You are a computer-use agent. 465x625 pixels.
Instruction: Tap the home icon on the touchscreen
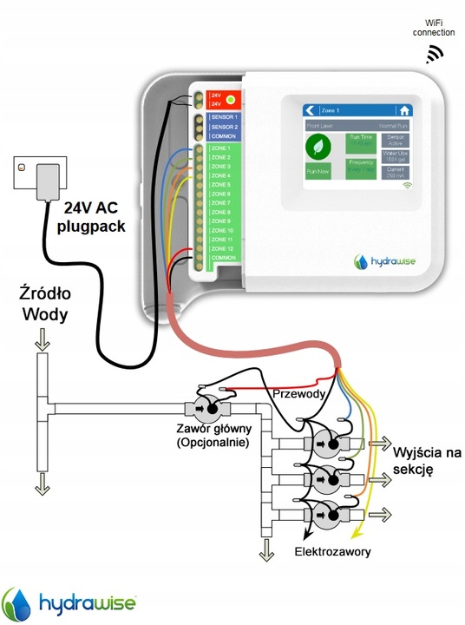click(x=403, y=110)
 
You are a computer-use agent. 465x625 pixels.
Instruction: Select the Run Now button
click(x=318, y=172)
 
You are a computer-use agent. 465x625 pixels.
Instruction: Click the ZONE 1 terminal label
click(x=222, y=148)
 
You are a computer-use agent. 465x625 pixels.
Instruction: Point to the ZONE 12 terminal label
click(x=223, y=248)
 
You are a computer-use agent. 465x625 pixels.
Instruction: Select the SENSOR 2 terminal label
click(x=224, y=127)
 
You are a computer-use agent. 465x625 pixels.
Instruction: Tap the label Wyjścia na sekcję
click(x=427, y=461)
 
